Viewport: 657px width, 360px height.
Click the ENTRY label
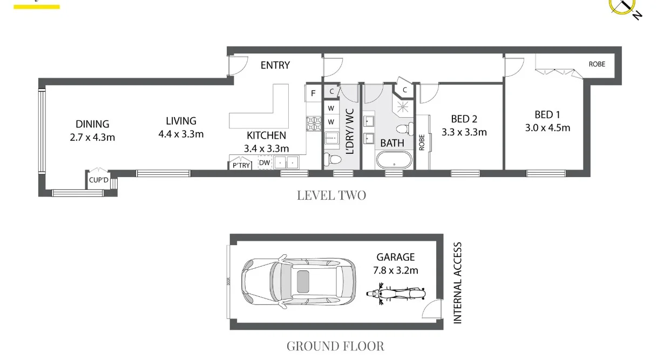[275, 65]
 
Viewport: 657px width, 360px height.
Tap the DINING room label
[92, 124]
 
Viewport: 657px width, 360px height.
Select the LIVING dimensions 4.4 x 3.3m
[181, 134]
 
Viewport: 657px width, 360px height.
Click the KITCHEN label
[266, 135]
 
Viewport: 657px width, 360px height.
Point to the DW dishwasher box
[265, 162]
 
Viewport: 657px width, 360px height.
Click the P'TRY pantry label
[241, 165]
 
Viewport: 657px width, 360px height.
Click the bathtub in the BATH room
[393, 161]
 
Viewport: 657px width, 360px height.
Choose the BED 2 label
[464, 119]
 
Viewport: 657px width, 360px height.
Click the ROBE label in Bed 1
[597, 64]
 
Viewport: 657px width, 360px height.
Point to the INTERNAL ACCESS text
[457, 283]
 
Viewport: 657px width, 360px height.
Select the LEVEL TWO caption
[331, 195]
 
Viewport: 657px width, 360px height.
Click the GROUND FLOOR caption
[335, 346]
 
